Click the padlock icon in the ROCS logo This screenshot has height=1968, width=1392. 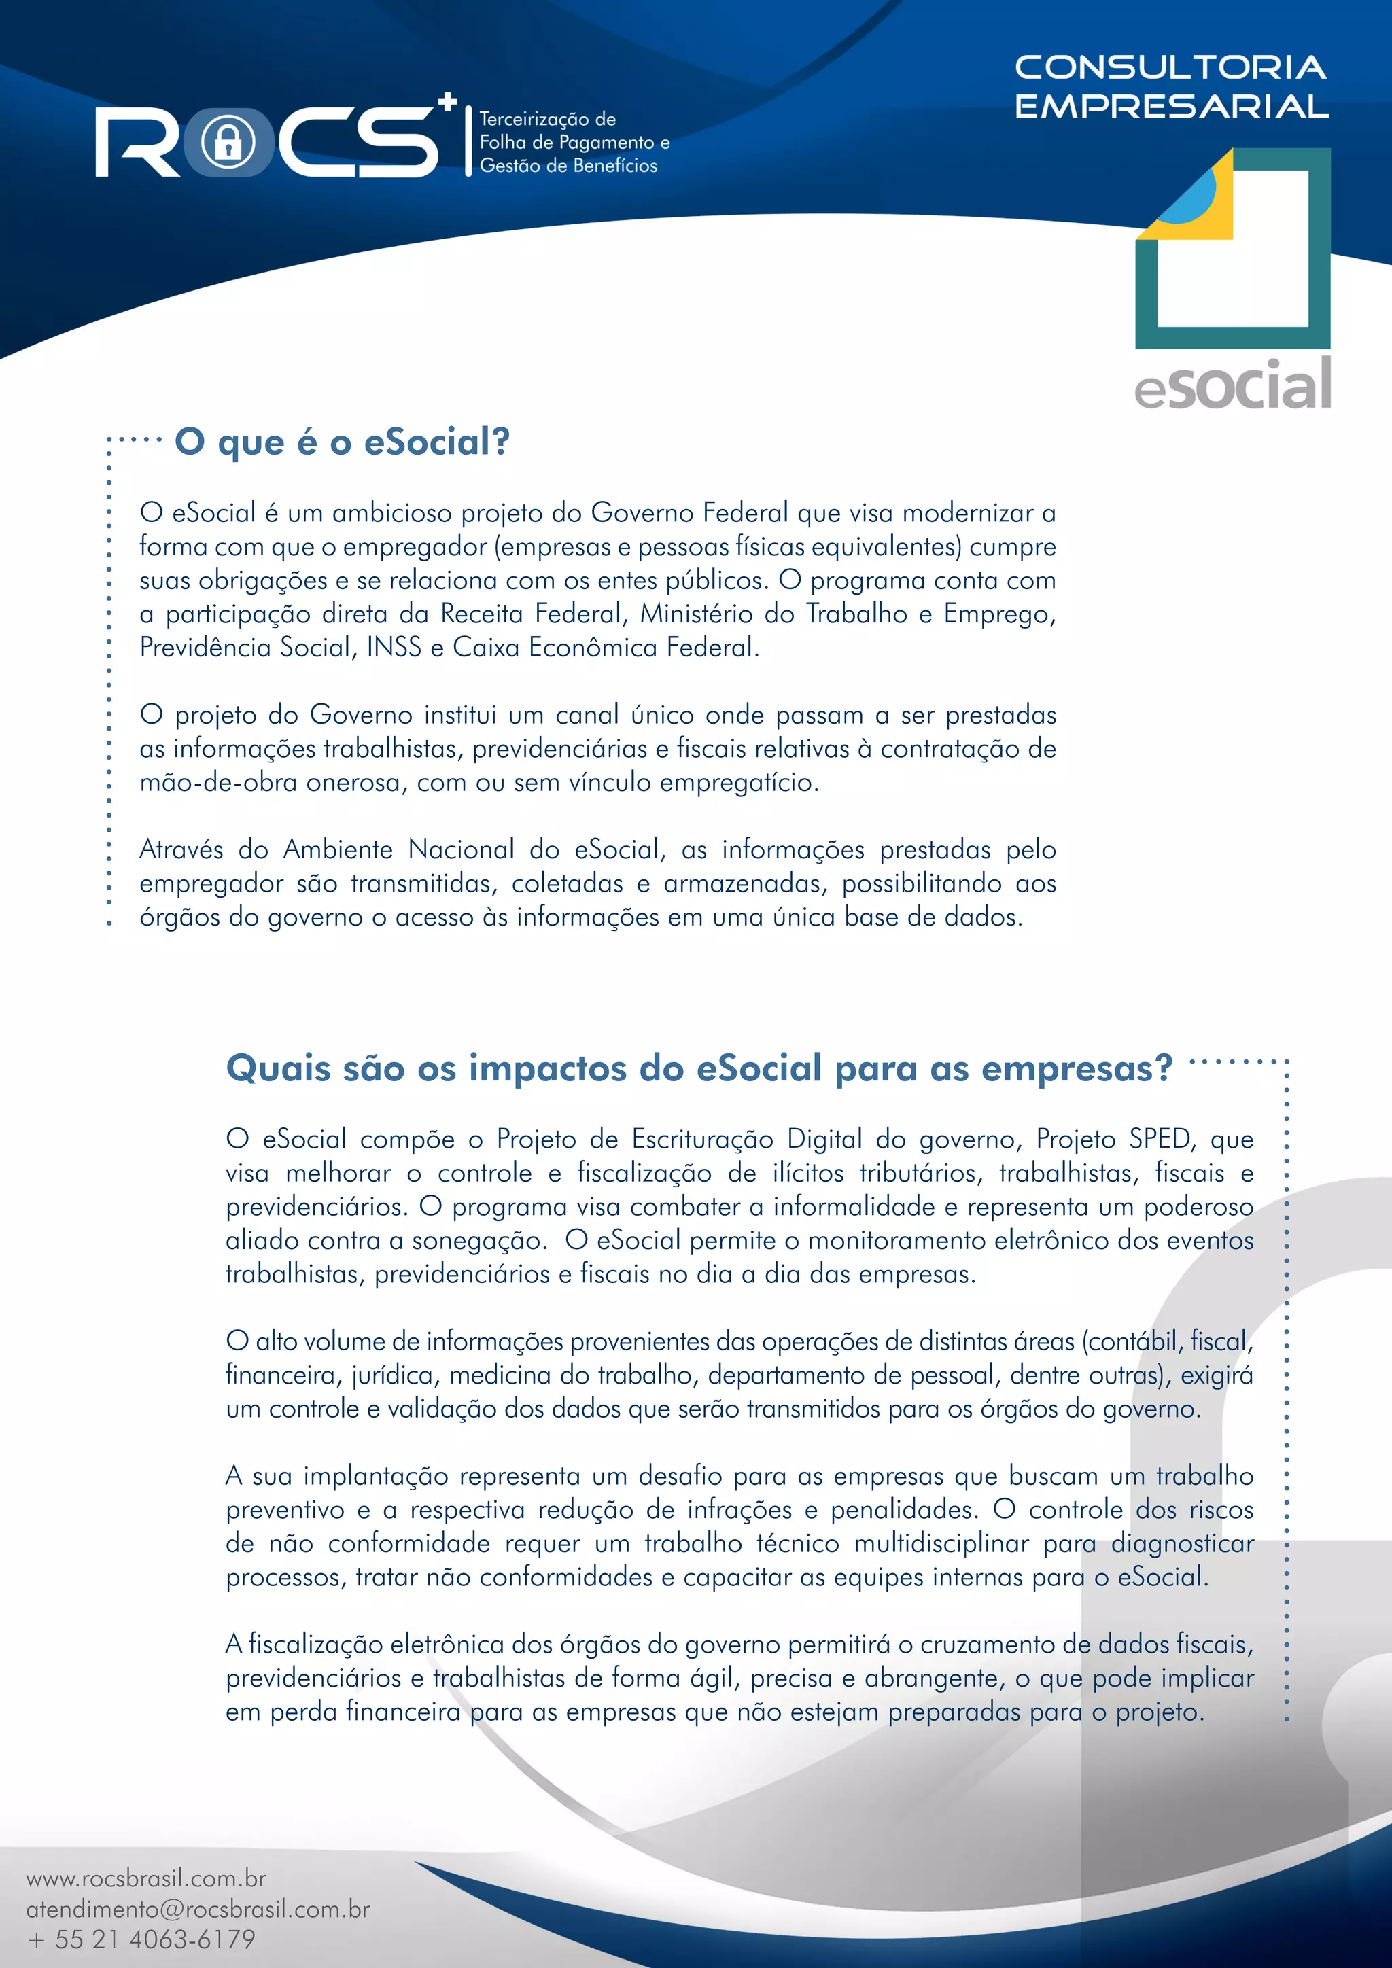coord(227,142)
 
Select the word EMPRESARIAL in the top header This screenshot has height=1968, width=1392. coord(1172,106)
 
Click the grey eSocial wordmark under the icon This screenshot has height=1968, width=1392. coord(1232,387)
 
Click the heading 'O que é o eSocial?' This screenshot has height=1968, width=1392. coord(342,442)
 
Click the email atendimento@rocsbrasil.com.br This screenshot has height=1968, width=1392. coord(198,1909)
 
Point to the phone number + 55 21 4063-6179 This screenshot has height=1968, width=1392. coord(142,1939)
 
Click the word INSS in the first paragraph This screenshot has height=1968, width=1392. coord(394,647)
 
